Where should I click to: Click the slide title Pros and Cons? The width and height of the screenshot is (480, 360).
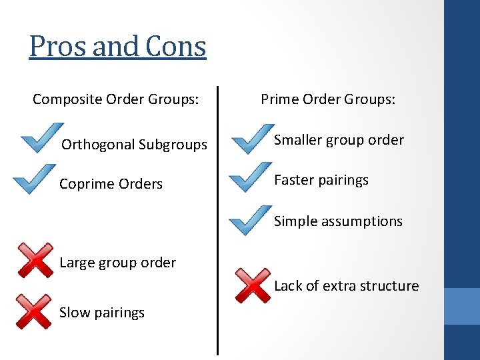(117, 47)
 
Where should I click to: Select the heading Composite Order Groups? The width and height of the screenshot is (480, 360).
(115, 99)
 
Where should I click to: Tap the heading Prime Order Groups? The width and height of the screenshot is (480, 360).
(328, 99)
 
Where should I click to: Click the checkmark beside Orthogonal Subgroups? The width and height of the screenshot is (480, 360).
(41, 138)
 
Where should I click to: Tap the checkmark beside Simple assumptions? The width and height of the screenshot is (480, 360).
(249, 219)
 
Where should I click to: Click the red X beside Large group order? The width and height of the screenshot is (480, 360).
(35, 260)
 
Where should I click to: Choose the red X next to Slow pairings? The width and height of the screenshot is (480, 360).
(33, 311)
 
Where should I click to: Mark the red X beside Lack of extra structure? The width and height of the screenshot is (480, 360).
(252, 285)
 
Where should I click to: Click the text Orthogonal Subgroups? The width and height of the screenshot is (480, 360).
(134, 145)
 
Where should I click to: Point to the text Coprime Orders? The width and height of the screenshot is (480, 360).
(111, 184)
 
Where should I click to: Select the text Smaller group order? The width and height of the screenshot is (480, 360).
(339, 140)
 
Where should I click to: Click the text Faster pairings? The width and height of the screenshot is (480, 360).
(321, 180)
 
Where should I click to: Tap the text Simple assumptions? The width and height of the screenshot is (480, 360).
(338, 221)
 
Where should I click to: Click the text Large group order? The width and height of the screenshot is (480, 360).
(117, 263)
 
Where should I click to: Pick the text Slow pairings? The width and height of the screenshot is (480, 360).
(101, 313)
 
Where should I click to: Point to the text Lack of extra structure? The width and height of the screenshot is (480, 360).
(346, 286)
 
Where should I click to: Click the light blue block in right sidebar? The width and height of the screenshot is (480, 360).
(461, 306)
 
